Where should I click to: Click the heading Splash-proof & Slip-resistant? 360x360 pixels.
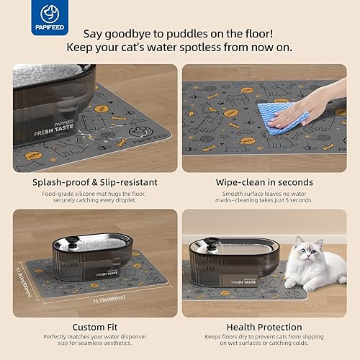pos(95,182)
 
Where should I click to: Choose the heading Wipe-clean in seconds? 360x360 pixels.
pos(264,182)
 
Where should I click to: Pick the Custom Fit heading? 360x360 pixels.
pos(95,325)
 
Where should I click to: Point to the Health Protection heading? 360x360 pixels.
pos(264,325)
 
